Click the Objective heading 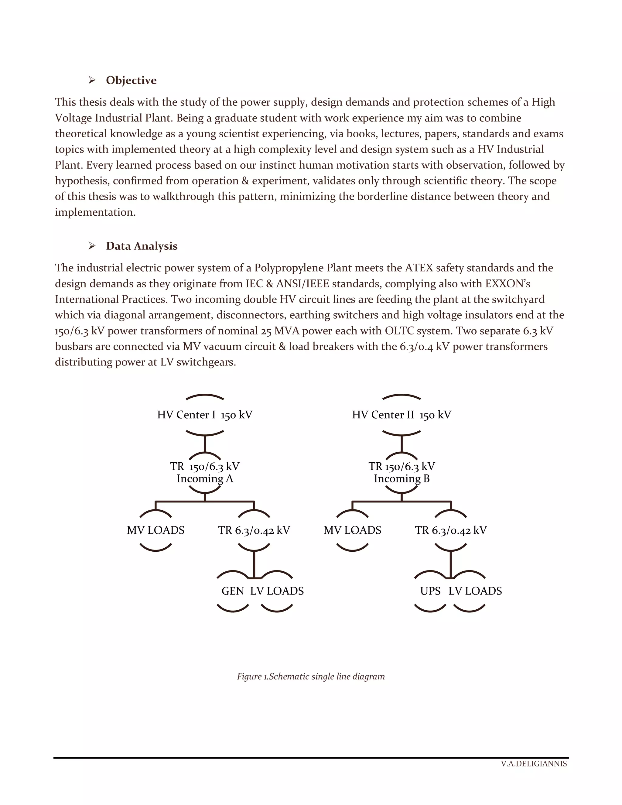[x=131, y=80]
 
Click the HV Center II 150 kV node [x=401, y=415]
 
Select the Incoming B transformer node [x=401, y=473]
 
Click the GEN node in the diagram [x=233, y=591]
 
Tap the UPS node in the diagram [x=430, y=591]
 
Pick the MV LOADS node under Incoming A [x=155, y=530]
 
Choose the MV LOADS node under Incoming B [x=352, y=530]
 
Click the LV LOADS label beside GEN [x=277, y=591]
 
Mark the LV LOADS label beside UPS [x=475, y=591]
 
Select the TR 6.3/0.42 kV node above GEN [x=254, y=530]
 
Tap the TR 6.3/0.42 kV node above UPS [x=451, y=530]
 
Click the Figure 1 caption [x=311, y=677]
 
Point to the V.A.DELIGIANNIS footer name [x=534, y=763]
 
